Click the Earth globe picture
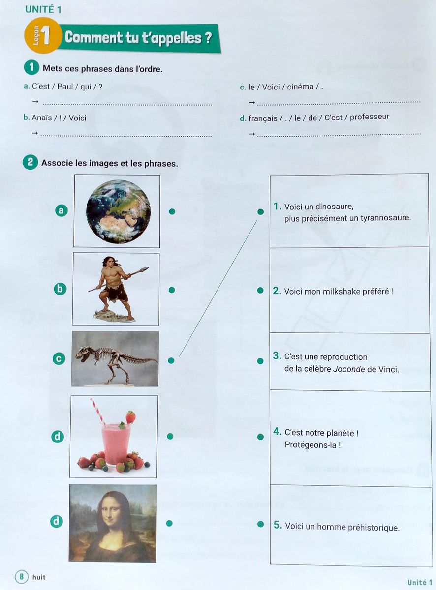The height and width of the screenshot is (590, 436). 118,211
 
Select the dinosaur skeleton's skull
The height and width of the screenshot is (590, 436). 84,353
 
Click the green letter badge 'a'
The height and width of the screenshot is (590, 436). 61,210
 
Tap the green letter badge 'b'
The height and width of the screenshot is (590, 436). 60,289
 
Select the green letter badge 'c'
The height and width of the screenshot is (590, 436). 59,359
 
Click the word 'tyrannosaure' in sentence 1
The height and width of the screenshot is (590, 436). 384,218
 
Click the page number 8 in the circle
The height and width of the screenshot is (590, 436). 21,576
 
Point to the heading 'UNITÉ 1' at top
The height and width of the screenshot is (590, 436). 47,9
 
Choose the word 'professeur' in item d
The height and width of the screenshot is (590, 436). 369,117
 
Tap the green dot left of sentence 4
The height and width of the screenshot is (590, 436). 260,437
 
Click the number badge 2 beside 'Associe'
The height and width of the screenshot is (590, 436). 30,162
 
